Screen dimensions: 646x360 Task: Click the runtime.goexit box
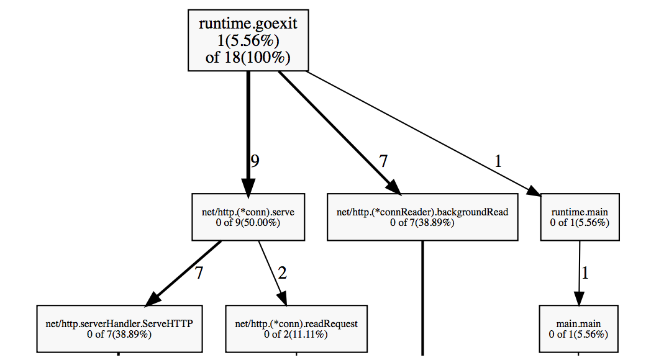248,40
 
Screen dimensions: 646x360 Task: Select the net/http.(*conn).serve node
248,217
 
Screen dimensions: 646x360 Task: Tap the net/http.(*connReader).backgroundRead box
422,217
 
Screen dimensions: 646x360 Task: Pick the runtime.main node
580,217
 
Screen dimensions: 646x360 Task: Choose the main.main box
578,329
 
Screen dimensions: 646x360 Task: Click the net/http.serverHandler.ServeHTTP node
119,329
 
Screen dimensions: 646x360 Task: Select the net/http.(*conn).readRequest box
296,329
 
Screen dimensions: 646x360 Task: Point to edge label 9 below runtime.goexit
255,161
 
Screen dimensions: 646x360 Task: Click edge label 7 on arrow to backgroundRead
384,161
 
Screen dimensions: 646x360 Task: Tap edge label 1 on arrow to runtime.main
498,161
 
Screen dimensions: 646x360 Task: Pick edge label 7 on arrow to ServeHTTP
199,272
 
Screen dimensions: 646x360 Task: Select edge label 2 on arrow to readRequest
282,272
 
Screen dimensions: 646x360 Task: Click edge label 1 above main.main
585,272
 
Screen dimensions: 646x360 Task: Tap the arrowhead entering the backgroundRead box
393,187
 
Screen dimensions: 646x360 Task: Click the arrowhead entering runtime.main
534,191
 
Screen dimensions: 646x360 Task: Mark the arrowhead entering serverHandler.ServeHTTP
153,299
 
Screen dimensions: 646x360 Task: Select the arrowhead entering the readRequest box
282,298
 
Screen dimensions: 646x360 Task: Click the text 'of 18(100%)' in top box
248,57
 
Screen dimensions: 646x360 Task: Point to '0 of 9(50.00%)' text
248,223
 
